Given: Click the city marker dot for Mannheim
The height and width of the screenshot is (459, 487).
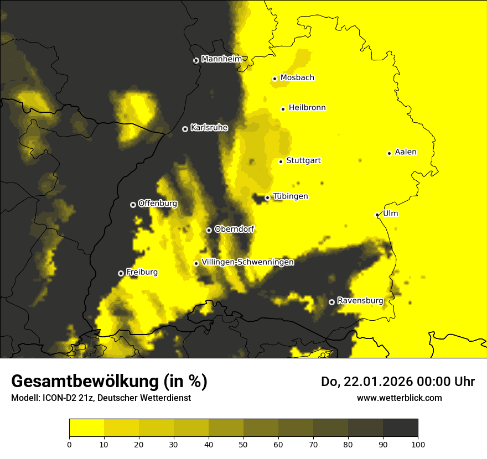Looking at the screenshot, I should [196, 61].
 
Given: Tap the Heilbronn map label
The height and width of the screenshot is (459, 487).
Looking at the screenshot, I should [307, 108].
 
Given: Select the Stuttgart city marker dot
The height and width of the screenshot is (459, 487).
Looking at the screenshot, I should [281, 161].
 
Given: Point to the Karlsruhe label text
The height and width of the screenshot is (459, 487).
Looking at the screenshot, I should [209, 128].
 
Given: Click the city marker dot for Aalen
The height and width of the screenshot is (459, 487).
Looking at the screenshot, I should [389, 153].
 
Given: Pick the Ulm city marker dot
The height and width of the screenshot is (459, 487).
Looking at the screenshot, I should [377, 215].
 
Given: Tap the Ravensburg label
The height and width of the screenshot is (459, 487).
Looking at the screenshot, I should [360, 301].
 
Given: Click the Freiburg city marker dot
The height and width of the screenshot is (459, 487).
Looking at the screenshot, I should [121, 273].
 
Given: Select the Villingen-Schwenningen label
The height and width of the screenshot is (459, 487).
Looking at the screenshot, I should [247, 262].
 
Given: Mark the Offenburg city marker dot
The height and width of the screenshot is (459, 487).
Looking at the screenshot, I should [133, 205].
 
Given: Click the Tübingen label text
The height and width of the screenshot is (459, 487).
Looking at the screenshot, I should [291, 196].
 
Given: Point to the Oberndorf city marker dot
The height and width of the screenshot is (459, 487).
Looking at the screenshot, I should [209, 230].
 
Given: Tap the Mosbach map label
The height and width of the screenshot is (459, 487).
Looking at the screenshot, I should [297, 78].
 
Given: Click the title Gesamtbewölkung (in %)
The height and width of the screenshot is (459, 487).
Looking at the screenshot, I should [109, 382].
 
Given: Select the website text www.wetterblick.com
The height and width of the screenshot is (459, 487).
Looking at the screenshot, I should [400, 398].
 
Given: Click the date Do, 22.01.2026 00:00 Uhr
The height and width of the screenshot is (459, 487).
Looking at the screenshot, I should [398, 382].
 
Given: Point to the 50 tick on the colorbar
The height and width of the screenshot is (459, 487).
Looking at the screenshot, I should [244, 444].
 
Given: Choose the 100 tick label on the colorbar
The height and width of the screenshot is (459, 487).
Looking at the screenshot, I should [418, 444].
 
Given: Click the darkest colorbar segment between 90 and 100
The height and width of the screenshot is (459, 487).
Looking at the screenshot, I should [400, 428].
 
